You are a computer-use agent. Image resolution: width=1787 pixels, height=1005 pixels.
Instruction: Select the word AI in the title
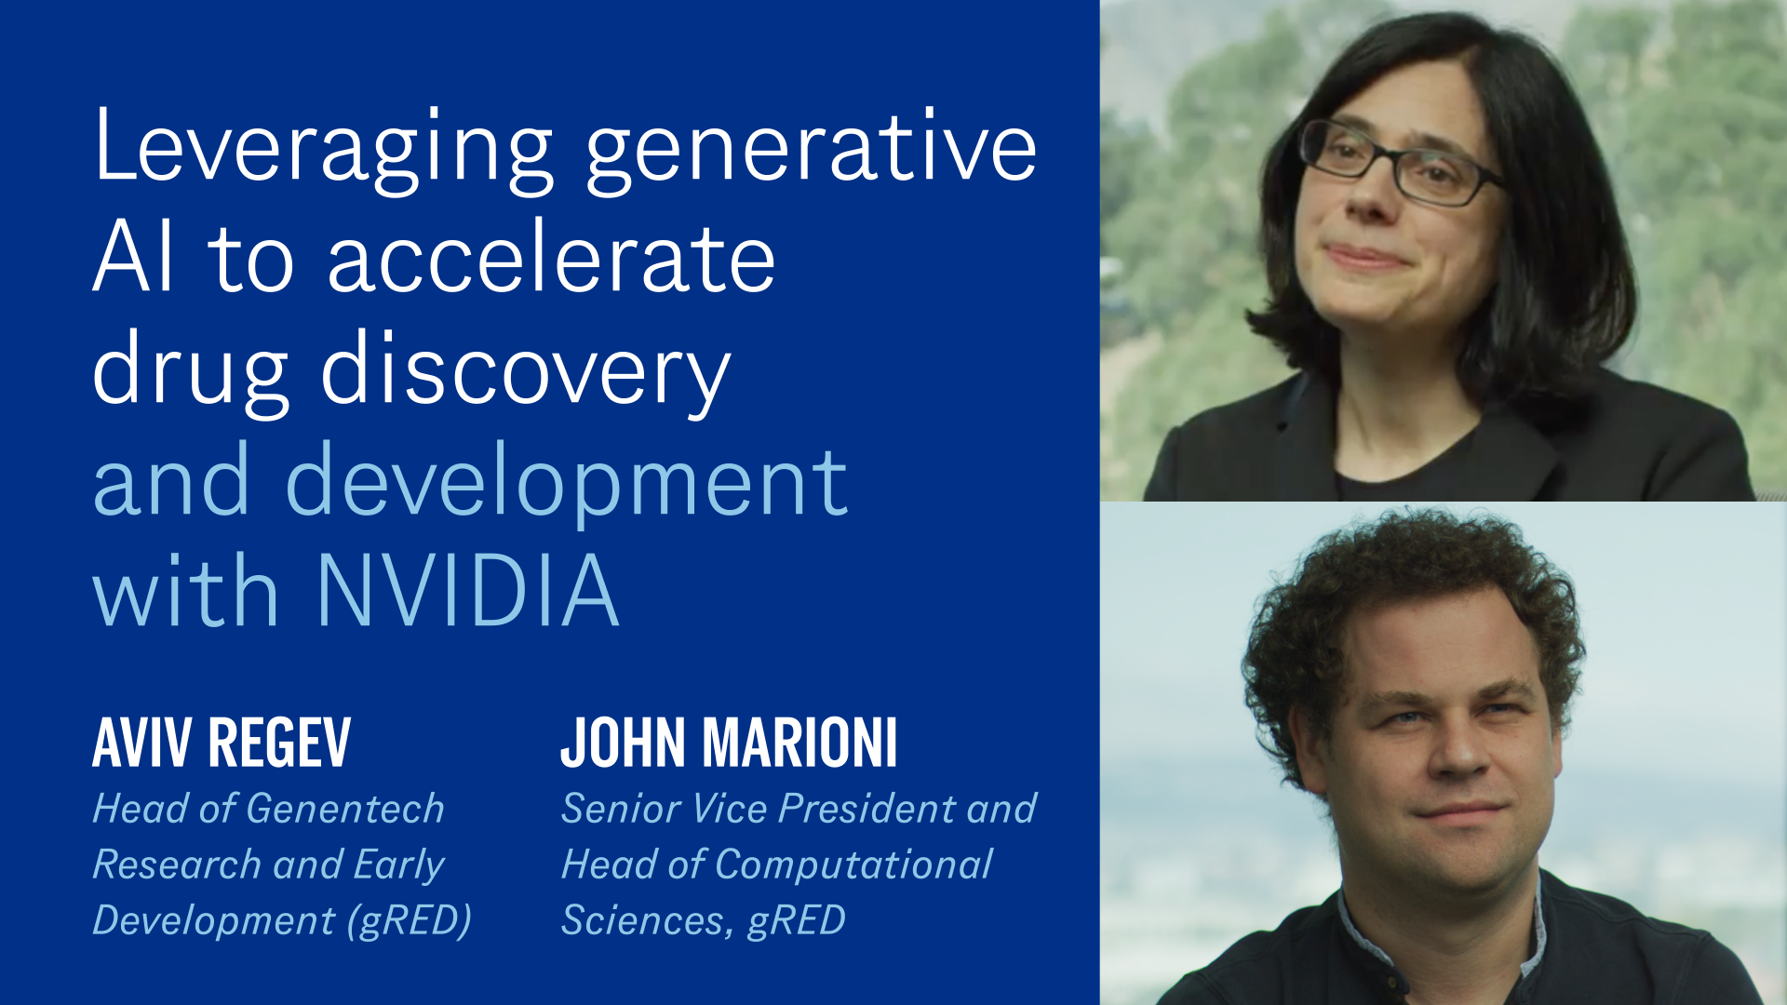(133, 258)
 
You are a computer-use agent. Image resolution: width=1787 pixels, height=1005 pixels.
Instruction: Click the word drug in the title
(191, 372)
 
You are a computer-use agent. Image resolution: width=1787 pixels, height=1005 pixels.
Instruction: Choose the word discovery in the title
(526, 372)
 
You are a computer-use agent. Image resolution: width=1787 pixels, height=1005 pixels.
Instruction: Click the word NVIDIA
(468, 591)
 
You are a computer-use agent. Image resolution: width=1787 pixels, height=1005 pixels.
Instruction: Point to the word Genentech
(345, 809)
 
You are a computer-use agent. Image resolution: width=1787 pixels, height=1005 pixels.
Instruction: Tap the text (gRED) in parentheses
(410, 920)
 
